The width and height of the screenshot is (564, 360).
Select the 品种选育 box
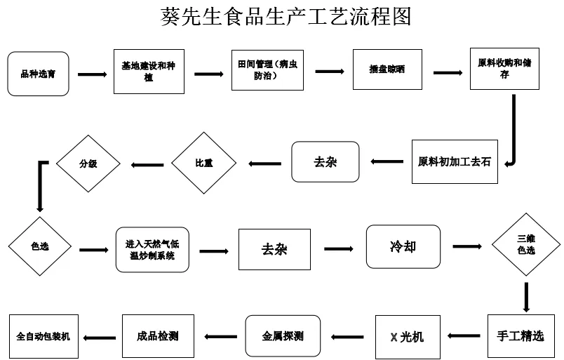38,74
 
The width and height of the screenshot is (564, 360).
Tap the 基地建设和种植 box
148,71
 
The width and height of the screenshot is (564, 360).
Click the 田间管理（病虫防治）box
267,70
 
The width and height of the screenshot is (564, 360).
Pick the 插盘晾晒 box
387,69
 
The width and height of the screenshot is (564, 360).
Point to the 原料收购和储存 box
504,68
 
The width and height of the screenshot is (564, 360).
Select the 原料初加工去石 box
454,162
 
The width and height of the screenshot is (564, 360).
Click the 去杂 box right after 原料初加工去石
325,162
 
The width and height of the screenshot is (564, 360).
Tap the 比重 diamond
204,163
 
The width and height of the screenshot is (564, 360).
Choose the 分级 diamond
88,163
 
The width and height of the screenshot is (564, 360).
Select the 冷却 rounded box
403,246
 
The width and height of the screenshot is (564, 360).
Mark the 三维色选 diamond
525,245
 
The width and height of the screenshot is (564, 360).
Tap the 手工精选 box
520,336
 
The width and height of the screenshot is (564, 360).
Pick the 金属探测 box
283,336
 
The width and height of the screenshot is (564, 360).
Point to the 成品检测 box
157,336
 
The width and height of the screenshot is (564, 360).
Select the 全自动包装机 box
43,336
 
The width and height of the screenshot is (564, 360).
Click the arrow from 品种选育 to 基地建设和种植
92,74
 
